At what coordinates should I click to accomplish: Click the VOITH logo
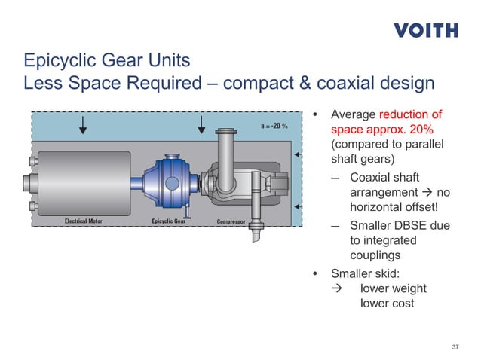coord(426,31)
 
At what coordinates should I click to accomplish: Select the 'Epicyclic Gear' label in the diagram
coord(169,221)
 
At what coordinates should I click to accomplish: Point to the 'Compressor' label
coord(231,221)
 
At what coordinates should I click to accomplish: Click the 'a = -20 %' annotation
coord(274,126)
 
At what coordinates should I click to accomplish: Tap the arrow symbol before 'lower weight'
coord(337,288)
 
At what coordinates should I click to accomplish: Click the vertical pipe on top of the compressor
coord(224,150)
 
